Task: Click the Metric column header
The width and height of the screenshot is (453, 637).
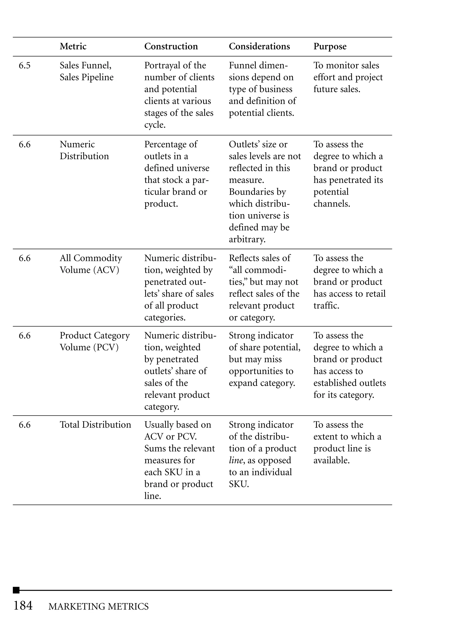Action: tap(73, 46)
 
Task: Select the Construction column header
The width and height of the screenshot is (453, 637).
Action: tap(171, 46)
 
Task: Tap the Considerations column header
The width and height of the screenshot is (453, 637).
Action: tap(259, 46)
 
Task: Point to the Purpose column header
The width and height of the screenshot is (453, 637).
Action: tap(330, 46)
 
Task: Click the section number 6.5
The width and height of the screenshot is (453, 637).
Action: tap(25, 65)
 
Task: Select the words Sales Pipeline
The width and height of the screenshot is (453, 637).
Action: tap(86, 77)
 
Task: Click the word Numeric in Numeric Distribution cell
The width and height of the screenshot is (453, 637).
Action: tap(77, 144)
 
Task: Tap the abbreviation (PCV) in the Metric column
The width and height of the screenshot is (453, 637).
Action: tap(106, 347)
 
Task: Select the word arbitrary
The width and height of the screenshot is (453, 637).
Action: tap(247, 239)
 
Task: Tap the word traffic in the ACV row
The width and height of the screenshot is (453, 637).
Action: tap(326, 305)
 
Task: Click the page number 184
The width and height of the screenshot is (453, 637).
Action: tap(23, 606)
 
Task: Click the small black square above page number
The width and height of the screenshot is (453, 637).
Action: tap(16, 590)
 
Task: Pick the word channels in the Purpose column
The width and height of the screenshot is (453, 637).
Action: tap(331, 204)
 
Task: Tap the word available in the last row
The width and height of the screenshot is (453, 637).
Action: tap(331, 460)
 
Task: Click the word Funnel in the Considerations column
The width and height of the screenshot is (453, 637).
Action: tap(242, 65)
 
